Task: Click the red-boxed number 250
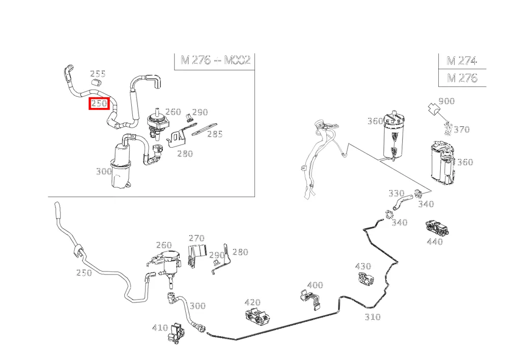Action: (x=99, y=103)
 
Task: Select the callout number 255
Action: (x=98, y=74)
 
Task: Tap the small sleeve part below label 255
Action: (x=96, y=82)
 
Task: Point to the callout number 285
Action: (x=215, y=134)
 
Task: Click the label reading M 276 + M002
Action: (x=215, y=60)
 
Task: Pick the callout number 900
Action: (x=446, y=101)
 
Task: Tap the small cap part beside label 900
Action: (x=433, y=109)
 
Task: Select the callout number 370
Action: (x=462, y=129)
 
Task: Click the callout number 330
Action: (x=397, y=193)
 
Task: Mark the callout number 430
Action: (x=363, y=266)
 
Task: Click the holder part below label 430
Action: (x=366, y=279)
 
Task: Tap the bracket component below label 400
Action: (x=310, y=299)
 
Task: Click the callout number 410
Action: (x=160, y=328)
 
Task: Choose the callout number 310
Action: (x=373, y=317)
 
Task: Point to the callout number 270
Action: (x=196, y=238)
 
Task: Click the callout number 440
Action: (x=435, y=241)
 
